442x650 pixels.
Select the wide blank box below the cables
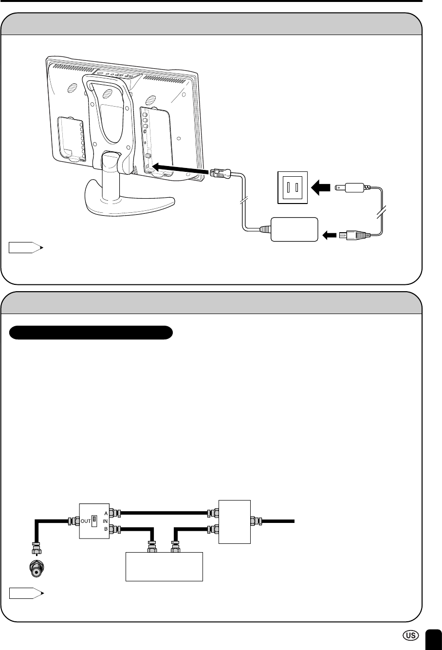coord(164,566)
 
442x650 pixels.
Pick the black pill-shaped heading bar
coord(92,333)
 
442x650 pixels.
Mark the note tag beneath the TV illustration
coord(25,248)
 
